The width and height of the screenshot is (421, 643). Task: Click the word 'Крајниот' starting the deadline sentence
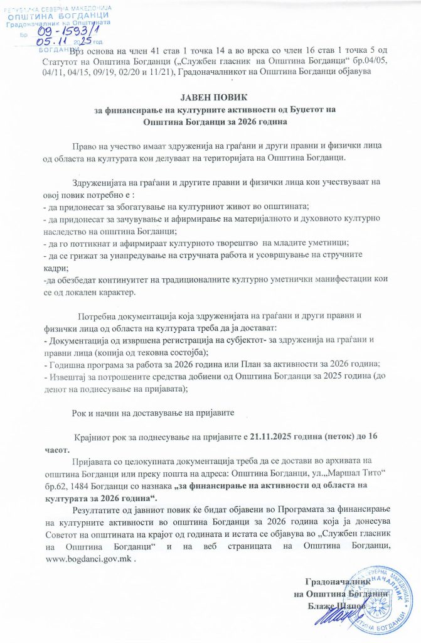(94, 436)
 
